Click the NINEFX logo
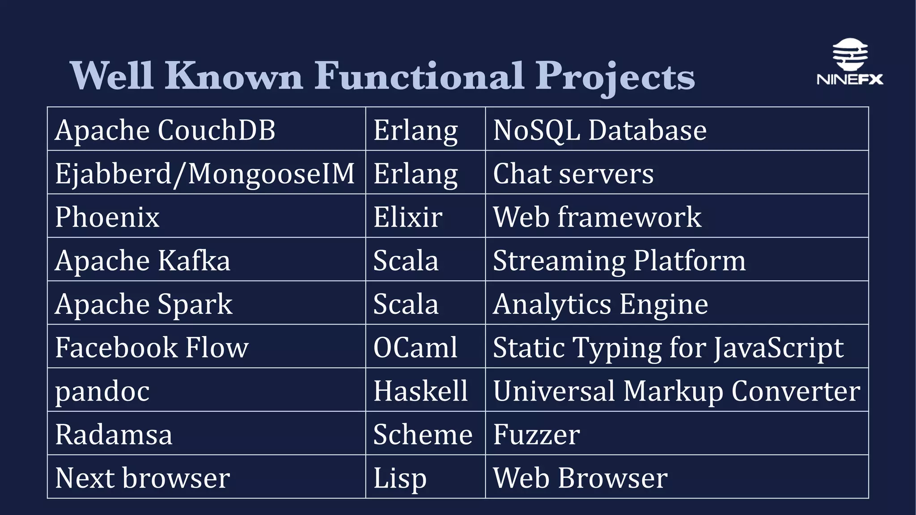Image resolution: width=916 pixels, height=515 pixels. pos(849,63)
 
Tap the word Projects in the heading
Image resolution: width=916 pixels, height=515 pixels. pos(615,77)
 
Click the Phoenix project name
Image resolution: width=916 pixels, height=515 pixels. pos(107,217)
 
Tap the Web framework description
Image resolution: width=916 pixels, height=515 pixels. pos(597,217)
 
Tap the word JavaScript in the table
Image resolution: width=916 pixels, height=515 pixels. pos(779,347)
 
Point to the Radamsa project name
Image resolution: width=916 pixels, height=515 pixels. pos(114,434)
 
